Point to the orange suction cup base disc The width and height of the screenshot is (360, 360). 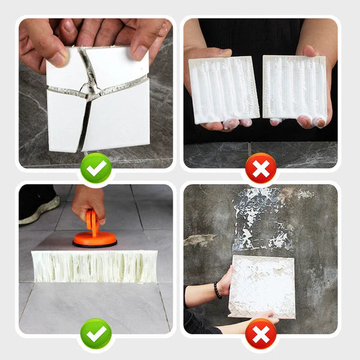point(95,240)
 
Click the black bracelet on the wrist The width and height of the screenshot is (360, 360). point(217,290)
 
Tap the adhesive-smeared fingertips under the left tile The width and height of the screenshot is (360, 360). point(231,124)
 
